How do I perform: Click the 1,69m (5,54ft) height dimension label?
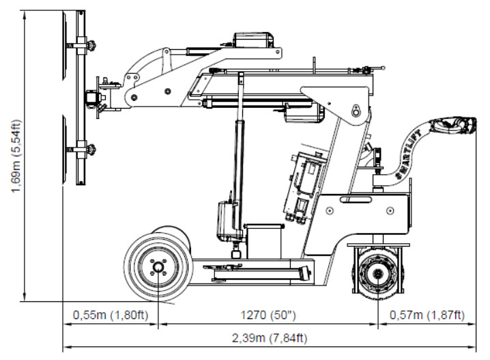(x=15, y=158)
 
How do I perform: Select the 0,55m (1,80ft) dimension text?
(x=109, y=315)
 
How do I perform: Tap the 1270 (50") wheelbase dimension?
(x=268, y=315)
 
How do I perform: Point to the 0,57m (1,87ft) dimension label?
(x=427, y=315)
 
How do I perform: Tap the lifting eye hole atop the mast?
(x=355, y=109)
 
